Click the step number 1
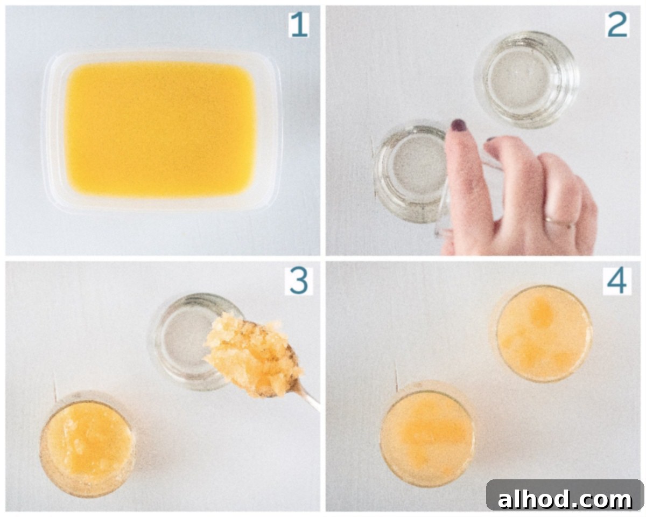[299, 25]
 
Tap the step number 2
[617, 25]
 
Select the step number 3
[299, 281]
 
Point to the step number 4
[617, 281]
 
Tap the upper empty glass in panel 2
[526, 79]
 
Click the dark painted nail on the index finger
[459, 125]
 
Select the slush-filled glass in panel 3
[87, 443]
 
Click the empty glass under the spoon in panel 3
[192, 341]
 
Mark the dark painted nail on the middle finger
[491, 139]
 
